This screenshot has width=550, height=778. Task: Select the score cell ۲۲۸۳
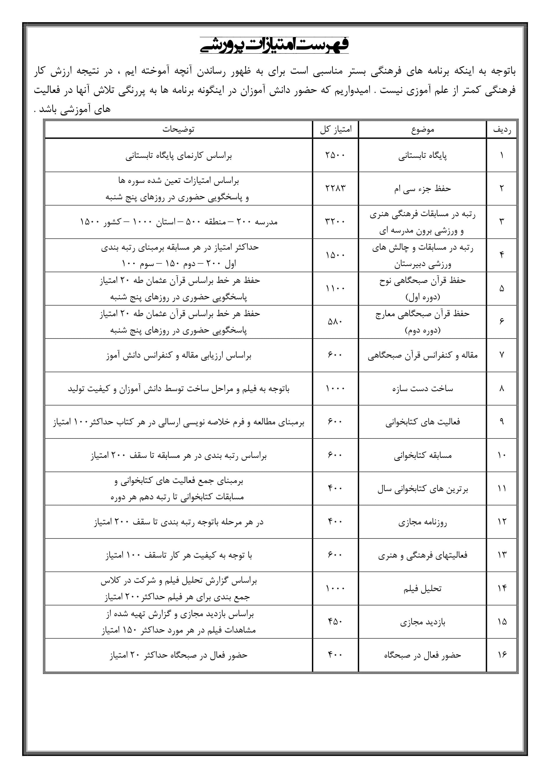coord(335,188)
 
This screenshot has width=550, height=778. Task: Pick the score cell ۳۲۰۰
coord(335,222)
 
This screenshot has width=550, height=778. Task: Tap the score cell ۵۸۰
coord(335,321)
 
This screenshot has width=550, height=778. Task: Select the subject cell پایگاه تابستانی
coord(423,156)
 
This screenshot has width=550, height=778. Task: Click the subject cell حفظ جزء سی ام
coord(423,189)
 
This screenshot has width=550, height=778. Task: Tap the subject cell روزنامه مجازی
coord(423,522)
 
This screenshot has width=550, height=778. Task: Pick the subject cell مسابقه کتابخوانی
coord(423,455)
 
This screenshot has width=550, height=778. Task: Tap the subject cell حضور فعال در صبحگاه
coord(423,655)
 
